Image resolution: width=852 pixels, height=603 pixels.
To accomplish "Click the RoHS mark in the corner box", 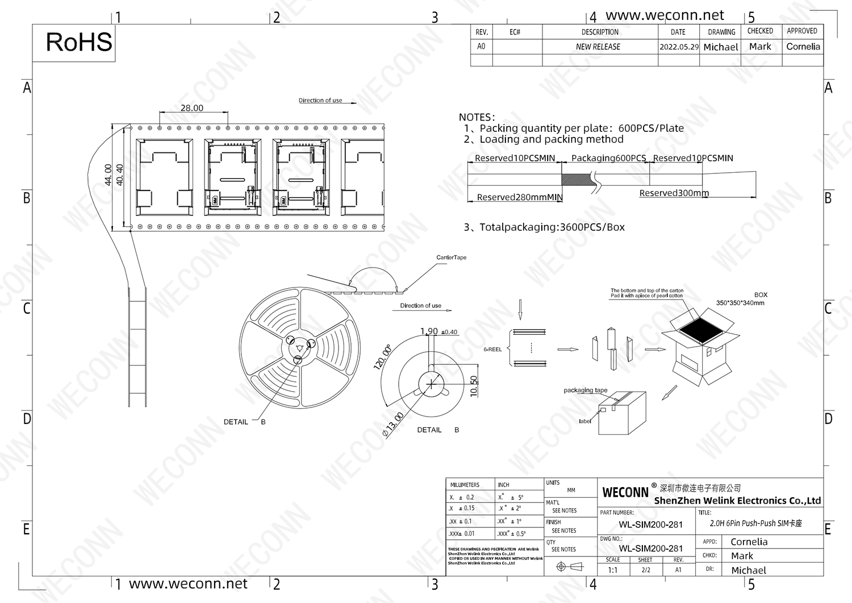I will pos(79,43).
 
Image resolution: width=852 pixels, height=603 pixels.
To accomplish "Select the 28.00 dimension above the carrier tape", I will pos(192,108).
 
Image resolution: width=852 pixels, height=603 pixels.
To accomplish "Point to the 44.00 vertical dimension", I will pos(108,175).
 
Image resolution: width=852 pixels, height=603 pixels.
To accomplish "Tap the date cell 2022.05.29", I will pos(679,47).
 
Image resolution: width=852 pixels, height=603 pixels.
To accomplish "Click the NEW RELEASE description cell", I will pos(598,47).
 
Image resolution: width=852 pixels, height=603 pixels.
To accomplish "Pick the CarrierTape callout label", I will pos(451,257).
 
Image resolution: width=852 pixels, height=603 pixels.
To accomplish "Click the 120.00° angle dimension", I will pos(382,357).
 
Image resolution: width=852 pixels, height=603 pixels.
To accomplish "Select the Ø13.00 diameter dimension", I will pos(393,425).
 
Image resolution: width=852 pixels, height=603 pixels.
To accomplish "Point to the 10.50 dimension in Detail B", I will pos(474,386).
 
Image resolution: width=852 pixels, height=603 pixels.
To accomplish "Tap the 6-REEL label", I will pos(492,350).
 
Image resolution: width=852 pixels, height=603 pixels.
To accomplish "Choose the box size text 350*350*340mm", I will pos(740,303).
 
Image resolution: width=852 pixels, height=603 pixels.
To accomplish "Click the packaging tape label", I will pos(585,390).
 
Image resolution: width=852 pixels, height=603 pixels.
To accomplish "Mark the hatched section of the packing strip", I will pos(577,179).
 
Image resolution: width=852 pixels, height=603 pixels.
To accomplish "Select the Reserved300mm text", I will pos(674,193).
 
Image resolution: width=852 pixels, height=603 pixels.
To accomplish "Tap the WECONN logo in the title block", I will pos(625,492).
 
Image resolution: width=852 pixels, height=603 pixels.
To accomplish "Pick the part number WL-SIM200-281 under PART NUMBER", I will pos(650,525).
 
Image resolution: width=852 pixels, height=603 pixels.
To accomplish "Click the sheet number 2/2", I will pos(646,570).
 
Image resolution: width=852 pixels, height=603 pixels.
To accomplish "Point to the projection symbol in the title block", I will pos(569,567).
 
